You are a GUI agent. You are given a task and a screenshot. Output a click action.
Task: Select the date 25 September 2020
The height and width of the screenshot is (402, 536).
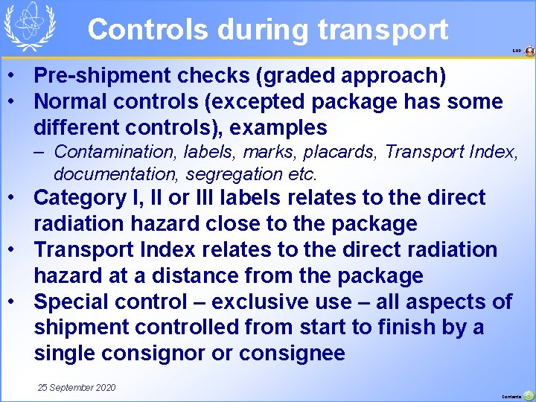pos(77,388)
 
